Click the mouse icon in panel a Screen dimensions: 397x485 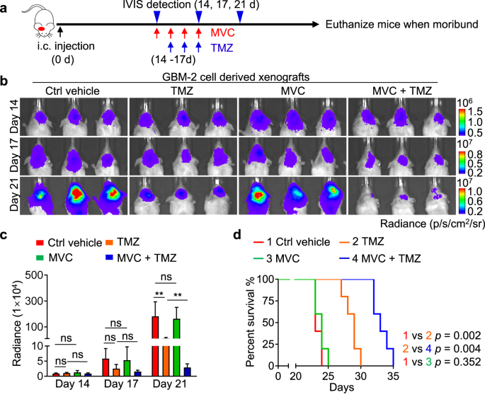tap(33, 18)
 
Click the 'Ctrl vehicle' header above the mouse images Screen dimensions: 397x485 tap(72, 91)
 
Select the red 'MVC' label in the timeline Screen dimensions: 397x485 tap(222, 33)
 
